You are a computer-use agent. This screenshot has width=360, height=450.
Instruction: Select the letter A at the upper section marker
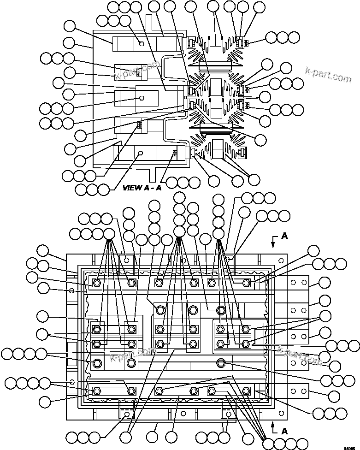[284, 236]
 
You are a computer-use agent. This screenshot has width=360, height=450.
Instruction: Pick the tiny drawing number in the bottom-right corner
[354, 446]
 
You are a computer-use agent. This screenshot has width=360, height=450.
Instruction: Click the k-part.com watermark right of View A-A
[328, 75]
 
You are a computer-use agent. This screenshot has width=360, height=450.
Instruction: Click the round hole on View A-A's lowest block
[142, 153]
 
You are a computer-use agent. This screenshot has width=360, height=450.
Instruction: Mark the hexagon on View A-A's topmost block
[142, 44]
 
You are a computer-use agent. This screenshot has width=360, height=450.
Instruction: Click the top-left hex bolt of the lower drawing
[97, 283]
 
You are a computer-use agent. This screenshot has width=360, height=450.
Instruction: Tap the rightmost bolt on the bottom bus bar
[246, 391]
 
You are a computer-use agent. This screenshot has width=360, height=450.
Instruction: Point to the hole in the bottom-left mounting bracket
[127, 414]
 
